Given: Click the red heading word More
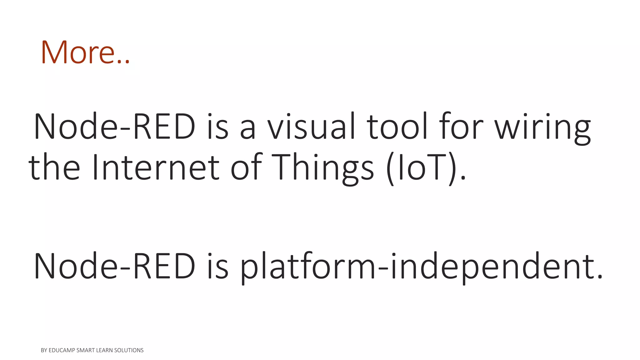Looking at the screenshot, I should tap(78, 52).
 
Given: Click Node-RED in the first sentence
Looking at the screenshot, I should tap(114, 127).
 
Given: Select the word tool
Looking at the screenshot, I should tap(397, 127).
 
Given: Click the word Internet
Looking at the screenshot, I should tap(156, 167).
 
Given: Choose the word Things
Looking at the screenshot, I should tap(322, 169).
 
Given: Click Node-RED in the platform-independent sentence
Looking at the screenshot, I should tap(114, 266).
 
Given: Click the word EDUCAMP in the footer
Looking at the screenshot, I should tap(62, 350).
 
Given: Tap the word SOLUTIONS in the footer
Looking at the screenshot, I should tap(129, 350).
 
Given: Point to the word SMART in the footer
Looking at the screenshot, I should tap(85, 350).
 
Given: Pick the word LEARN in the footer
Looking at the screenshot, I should tap(104, 350).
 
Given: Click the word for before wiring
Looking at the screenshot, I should tap(461, 127).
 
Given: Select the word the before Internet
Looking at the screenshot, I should tap(54, 167).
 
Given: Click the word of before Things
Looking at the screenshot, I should tap(246, 167).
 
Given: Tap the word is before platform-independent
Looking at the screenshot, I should tap(217, 266).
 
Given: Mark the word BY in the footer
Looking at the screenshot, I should tap(44, 350).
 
